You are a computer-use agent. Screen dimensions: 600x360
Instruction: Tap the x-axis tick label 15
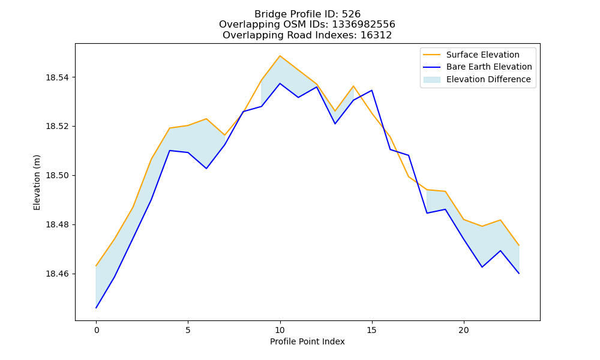click(x=371, y=330)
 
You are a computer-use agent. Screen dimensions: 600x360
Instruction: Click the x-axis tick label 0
click(x=97, y=330)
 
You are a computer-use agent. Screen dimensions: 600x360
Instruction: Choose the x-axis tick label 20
click(x=463, y=330)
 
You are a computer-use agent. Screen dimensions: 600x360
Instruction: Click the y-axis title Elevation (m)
click(x=37, y=182)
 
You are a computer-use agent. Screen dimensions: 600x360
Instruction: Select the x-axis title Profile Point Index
click(x=307, y=341)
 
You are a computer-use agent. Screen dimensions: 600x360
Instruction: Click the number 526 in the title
click(x=351, y=14)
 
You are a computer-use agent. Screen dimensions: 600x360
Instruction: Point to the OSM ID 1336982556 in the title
click(x=364, y=25)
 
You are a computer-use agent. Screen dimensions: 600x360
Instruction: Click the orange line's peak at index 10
click(x=280, y=56)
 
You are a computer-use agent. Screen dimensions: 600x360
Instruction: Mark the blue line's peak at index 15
click(x=371, y=90)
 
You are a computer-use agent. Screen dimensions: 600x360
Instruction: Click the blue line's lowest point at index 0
click(x=96, y=308)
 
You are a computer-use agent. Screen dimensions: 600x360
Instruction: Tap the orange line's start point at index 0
click(x=96, y=266)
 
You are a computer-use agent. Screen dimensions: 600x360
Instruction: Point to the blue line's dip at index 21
click(x=482, y=267)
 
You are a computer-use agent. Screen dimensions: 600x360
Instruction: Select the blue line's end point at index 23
click(x=519, y=274)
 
